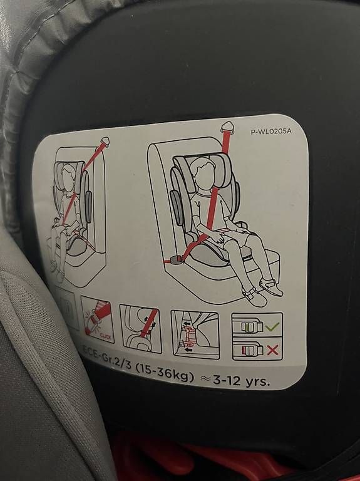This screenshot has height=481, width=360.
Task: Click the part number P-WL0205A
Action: click(x=271, y=132)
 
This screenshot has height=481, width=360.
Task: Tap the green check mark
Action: click(x=272, y=326)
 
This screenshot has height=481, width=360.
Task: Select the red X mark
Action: click(x=272, y=349)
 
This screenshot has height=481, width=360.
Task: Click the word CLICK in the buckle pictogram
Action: click(x=105, y=338)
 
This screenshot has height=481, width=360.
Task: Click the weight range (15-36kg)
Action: click(x=164, y=373)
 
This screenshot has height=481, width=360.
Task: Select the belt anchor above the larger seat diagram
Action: click(x=228, y=127)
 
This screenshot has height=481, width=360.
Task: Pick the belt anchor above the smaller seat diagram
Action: click(x=105, y=142)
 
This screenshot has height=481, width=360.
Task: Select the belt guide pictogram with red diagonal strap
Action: click(x=141, y=328)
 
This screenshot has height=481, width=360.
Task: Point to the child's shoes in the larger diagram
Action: click(x=263, y=291)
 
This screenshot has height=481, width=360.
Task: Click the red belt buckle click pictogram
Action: click(x=98, y=320)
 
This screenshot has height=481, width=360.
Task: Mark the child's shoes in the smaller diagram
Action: click(x=58, y=269)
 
